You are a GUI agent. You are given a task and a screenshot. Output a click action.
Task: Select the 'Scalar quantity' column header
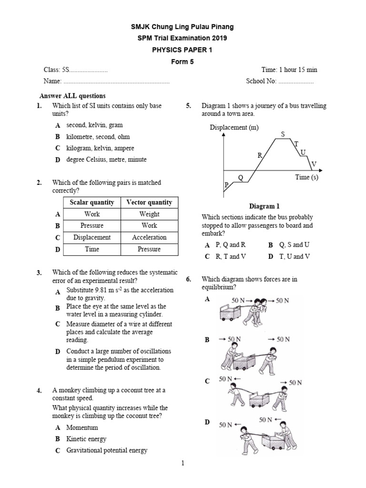click(x=92, y=203)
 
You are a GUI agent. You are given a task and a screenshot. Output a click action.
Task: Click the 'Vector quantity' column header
click(x=149, y=203)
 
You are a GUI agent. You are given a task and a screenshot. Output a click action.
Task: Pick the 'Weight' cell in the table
click(x=149, y=214)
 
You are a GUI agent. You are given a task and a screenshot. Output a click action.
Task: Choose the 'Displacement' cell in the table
click(x=92, y=237)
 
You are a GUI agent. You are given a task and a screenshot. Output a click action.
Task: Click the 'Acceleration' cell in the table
click(x=149, y=237)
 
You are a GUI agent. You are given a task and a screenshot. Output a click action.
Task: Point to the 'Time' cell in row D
click(x=92, y=249)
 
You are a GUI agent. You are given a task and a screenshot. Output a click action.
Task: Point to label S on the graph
click(x=282, y=134)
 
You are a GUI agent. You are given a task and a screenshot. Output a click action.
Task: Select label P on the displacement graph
click(x=226, y=184)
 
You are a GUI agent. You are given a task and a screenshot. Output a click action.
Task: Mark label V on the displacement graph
click(x=314, y=164)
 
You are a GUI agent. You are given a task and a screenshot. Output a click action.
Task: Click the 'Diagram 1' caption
click(x=264, y=206)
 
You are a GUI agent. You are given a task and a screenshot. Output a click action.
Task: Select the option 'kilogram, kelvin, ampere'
click(x=100, y=148)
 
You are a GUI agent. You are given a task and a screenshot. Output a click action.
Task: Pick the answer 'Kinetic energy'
click(x=86, y=439)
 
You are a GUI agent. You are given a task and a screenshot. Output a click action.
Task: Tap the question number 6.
click(x=189, y=279)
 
